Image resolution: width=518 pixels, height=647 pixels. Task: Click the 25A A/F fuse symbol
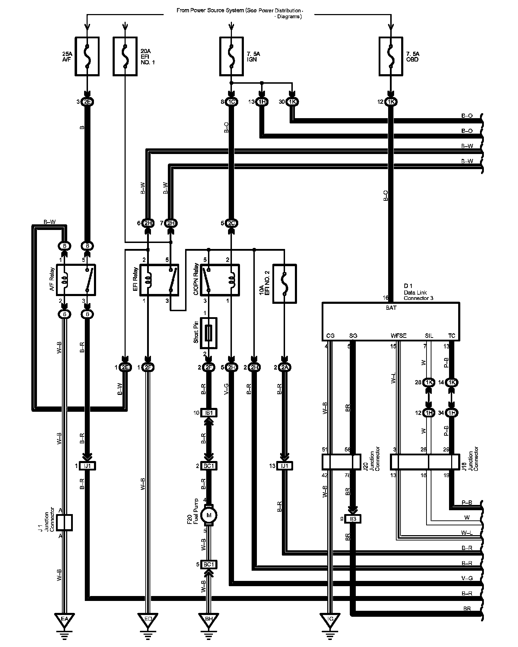pos(87,56)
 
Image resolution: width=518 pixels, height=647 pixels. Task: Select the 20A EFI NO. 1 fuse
pos(125,56)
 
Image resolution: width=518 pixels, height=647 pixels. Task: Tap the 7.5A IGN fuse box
pos(231,56)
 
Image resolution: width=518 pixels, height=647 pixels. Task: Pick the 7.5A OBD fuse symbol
pos(391,56)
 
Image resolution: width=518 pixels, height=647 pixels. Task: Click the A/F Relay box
pos(76,280)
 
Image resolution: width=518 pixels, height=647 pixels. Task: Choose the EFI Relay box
pos(159,280)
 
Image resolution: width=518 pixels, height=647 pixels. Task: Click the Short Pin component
pos(208,333)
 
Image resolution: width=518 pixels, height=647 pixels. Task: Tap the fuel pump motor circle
pos(209,515)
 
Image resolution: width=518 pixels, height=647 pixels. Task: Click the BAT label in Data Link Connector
pos(391,308)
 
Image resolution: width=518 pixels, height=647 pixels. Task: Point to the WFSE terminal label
pos(398,336)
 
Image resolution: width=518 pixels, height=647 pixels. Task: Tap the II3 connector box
pos(353,519)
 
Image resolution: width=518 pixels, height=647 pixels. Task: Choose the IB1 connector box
pos(209,413)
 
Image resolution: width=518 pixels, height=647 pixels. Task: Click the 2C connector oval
pos(231,223)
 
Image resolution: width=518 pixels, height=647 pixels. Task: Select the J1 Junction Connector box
pos(64,523)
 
